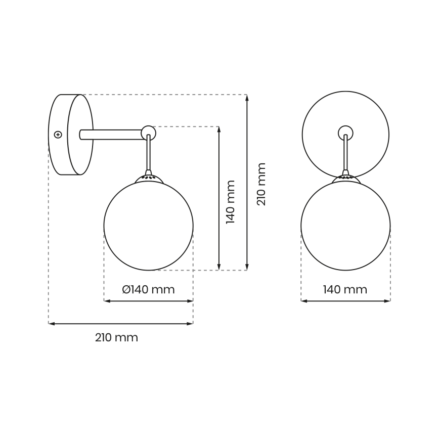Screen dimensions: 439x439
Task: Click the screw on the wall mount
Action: [x=58, y=135]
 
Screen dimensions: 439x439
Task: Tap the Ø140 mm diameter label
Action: [x=148, y=290]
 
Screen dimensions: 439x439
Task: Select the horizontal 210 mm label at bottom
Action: [x=116, y=338]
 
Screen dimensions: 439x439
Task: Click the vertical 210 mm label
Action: [x=261, y=184]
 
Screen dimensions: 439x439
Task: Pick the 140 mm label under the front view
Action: [x=345, y=290]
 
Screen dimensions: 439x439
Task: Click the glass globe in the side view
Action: [x=148, y=226]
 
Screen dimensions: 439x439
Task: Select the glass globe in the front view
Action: [x=345, y=226]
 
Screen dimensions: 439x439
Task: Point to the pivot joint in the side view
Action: [x=148, y=133]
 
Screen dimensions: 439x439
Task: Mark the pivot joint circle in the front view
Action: [x=345, y=133]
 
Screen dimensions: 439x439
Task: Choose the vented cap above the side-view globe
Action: [x=148, y=178]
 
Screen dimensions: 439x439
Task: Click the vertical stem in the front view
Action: [x=345, y=154]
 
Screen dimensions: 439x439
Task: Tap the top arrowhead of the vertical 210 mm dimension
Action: [x=247, y=98]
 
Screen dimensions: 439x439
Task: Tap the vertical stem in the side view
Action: [x=148, y=154]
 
